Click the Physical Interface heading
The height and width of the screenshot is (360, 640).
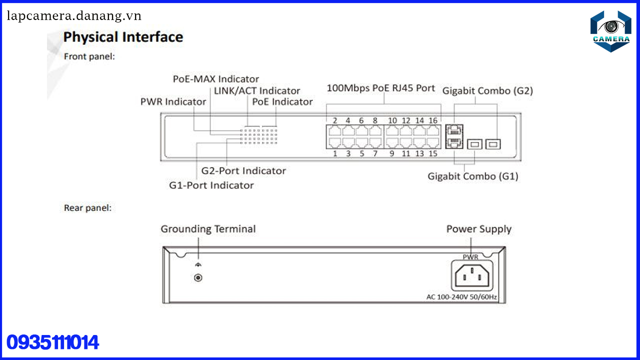coord(123,37)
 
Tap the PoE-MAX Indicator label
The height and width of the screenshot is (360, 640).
coord(216,79)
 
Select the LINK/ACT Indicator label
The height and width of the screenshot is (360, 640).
coord(257,91)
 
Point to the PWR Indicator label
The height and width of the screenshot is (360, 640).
coord(173,102)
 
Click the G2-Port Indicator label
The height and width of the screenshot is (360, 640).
coord(243,171)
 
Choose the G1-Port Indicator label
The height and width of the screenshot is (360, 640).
coord(211,185)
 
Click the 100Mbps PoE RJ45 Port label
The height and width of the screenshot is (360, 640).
coord(380,88)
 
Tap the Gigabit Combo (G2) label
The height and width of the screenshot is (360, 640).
coord(487,91)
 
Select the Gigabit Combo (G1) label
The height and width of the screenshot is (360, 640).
coord(472,176)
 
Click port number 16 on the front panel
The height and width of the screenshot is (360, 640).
coord(433,120)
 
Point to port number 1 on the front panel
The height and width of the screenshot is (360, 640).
coord(335,153)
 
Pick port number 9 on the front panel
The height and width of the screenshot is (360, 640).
coord(391,153)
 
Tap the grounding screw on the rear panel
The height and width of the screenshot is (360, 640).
coord(198,277)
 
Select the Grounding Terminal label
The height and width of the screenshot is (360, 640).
coord(207,229)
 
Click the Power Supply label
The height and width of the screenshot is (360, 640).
coord(478,229)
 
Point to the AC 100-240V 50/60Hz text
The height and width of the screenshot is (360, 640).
coord(461,297)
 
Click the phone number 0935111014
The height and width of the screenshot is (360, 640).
coord(52,342)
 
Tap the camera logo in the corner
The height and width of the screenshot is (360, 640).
coord(610,31)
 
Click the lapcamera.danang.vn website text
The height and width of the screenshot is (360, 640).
coord(74,16)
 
